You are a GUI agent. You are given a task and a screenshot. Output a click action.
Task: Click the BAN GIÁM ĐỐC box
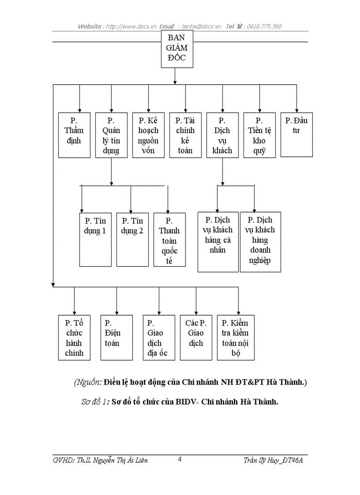pos(177,49)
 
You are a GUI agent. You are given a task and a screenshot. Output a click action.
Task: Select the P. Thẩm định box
pos(74,135)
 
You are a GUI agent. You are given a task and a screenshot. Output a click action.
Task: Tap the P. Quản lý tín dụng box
pos(111,135)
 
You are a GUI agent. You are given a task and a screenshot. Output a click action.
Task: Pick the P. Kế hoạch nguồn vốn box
pos(148,135)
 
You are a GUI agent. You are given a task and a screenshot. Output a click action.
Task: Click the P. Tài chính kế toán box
pos(185,135)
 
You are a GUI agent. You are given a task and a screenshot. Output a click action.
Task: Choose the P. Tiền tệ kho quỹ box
pos(259,135)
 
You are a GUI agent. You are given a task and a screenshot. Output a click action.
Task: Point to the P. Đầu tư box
pos(296,135)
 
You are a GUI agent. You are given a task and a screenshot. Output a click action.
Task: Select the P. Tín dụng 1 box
pos(95,239)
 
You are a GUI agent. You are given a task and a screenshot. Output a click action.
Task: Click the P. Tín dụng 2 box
pos(132,239)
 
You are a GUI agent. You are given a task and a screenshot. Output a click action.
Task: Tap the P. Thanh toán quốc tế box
pos(169,239)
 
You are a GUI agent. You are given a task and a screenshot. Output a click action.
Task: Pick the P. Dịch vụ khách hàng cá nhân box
pos(218,242)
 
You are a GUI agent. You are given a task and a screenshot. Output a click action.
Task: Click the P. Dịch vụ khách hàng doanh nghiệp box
pos(260,242)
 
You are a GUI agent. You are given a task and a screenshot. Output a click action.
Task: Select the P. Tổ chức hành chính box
pos(74,338)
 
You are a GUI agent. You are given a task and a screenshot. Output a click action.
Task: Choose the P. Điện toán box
pos(116,338)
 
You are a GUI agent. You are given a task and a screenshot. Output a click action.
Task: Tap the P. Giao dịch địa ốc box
pos(159,338)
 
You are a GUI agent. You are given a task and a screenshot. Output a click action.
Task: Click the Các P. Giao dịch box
pos(196,338)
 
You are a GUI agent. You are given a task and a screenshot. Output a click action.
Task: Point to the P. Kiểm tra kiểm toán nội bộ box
pos(236,338)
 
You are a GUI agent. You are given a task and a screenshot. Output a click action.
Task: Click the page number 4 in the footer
pos(180,460)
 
